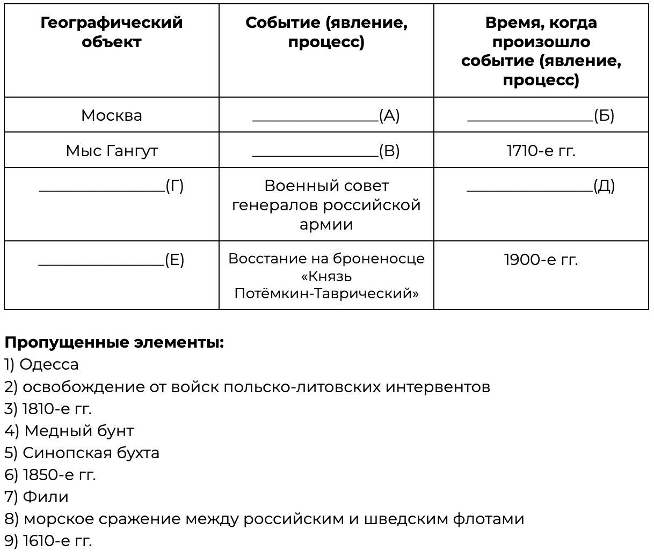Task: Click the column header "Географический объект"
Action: [x=112, y=32]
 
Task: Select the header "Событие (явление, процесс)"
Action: [x=326, y=32]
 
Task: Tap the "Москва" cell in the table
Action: [x=112, y=115]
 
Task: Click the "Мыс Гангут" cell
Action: [x=112, y=151]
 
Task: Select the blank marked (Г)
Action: [x=112, y=186]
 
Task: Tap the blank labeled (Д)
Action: [x=541, y=186]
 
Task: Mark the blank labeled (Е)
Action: [x=112, y=260]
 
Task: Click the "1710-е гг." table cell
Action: [x=541, y=151]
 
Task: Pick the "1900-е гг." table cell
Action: [x=541, y=260]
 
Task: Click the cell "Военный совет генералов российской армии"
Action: [x=326, y=205]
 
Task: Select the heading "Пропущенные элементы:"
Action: [x=114, y=342]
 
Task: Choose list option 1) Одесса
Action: [x=41, y=364]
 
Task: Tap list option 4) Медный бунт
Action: [x=69, y=430]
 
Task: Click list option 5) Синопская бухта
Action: [x=82, y=453]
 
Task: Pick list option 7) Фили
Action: [x=37, y=497]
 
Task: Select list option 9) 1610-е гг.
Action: [x=48, y=541]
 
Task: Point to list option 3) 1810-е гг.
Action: [x=48, y=409]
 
